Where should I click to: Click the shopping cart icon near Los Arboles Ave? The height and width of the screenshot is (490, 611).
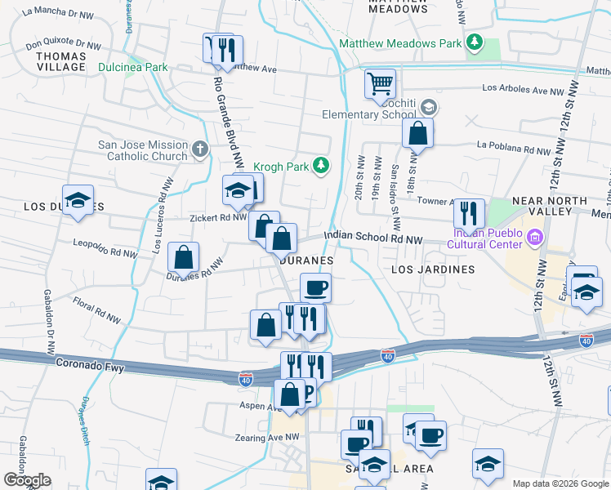[380, 83]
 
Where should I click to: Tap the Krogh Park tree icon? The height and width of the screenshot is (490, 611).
[322, 166]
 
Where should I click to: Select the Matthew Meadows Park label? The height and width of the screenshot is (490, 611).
[399, 42]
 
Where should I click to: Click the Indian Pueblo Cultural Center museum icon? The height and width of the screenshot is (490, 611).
[536, 238]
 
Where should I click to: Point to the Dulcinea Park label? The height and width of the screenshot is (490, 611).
[133, 68]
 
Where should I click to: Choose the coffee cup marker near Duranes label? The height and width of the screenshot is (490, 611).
[315, 287]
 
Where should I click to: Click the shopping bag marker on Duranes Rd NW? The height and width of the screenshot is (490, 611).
[184, 257]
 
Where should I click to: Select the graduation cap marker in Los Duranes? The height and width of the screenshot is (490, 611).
[78, 200]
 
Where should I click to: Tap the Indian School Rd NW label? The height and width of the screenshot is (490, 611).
[372, 237]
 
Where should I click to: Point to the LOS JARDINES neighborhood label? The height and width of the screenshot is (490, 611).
[433, 269]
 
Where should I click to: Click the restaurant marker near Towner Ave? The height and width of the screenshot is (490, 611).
[468, 214]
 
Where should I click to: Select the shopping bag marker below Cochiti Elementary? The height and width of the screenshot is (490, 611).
[417, 134]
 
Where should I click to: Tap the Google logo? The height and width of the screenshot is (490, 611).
[27, 480]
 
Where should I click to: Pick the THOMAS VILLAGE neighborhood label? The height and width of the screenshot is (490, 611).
[62, 62]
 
